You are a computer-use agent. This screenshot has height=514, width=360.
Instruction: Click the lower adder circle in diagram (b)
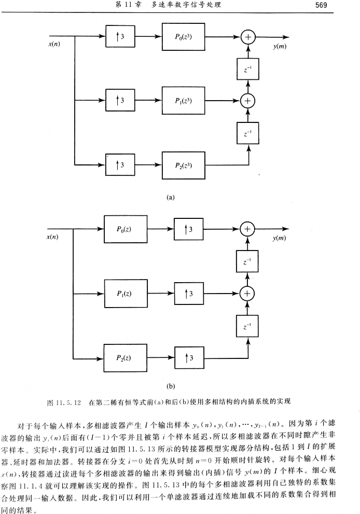pos(248,294)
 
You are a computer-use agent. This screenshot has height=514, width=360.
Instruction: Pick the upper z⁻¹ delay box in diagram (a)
pos(248,69)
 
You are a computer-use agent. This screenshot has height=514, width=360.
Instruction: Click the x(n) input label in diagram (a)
pos(53,44)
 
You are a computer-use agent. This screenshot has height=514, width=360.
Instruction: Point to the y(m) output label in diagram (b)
pos(280,238)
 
